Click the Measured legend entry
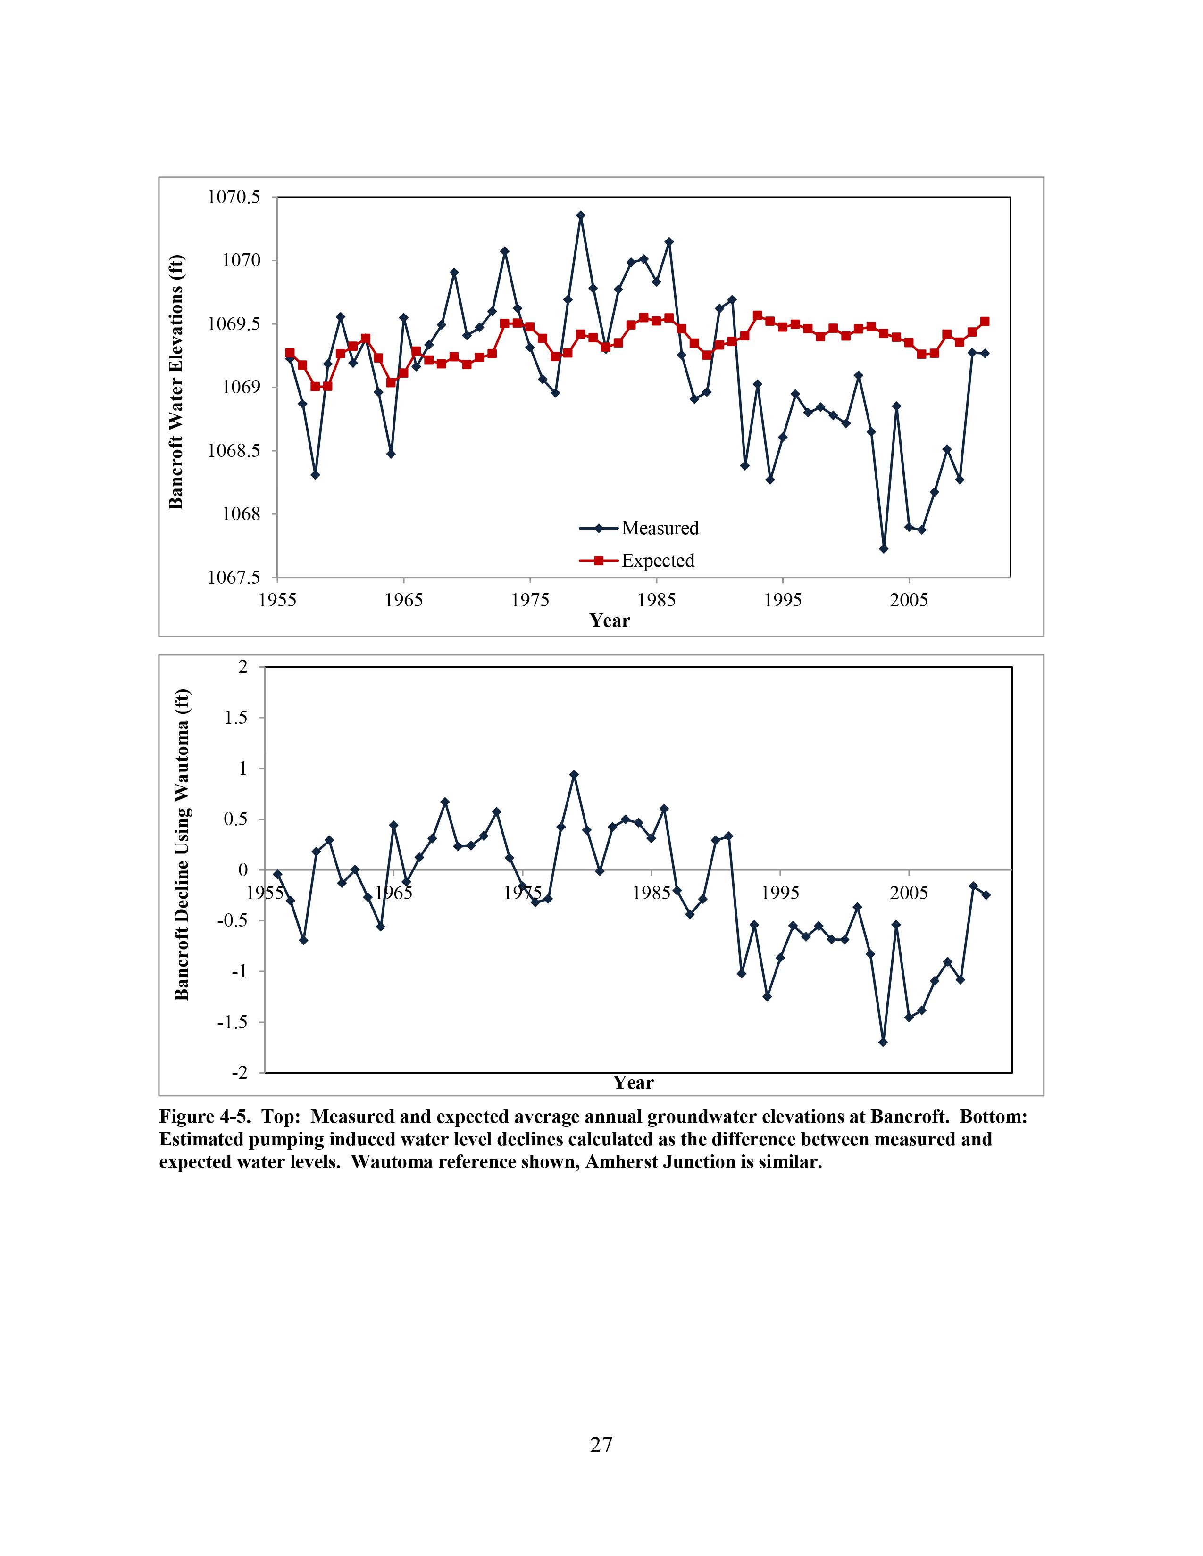659,528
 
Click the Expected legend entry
657,561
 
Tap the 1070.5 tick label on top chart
234,198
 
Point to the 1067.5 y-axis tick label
234,577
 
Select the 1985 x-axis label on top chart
656,600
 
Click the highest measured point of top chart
581,215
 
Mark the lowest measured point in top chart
884,548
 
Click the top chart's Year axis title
610,621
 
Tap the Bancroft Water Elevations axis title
176,382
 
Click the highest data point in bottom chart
575,774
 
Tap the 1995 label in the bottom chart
780,893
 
